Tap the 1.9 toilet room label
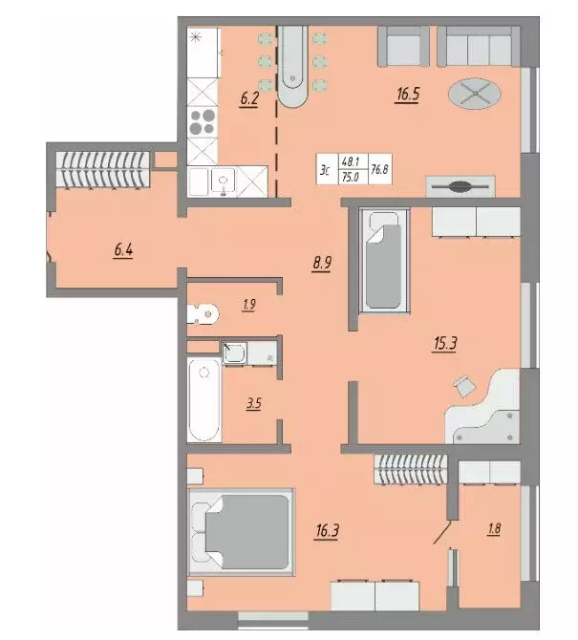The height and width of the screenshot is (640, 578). (x=248, y=306)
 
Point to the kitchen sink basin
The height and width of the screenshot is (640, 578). (x=225, y=181)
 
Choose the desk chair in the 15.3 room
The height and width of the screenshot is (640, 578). (x=463, y=384)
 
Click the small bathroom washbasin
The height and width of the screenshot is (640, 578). (x=234, y=353)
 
